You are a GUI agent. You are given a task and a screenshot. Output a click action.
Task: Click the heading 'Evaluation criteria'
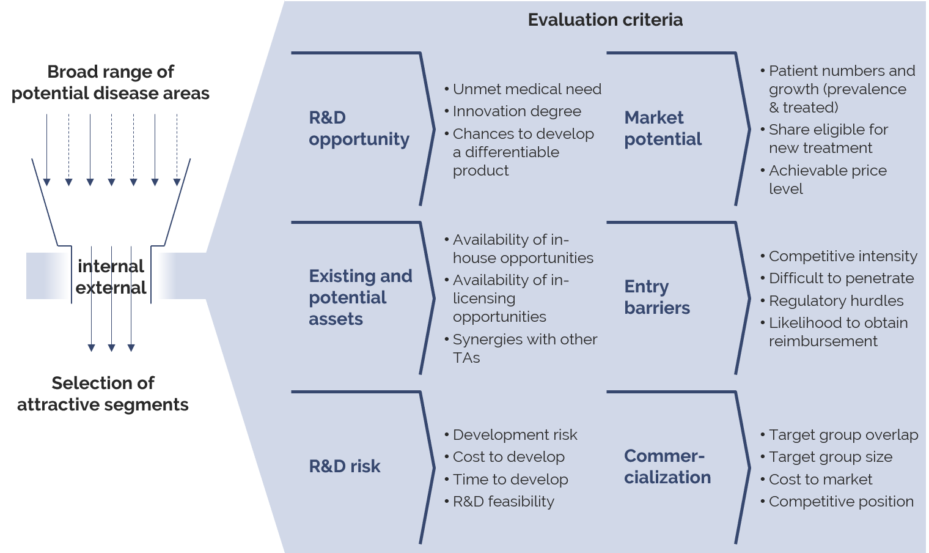(x=605, y=20)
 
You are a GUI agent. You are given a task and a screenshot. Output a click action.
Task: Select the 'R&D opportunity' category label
(x=359, y=128)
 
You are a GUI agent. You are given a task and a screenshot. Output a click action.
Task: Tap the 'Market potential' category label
(x=663, y=128)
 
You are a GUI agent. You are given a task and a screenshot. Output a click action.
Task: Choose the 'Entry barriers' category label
(x=657, y=297)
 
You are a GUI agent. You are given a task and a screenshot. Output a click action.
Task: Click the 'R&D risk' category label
(x=345, y=467)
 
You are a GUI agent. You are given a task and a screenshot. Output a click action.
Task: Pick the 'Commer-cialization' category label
(x=667, y=467)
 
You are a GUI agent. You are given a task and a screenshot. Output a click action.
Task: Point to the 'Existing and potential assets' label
(x=360, y=297)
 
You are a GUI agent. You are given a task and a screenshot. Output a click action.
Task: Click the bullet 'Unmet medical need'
(x=527, y=89)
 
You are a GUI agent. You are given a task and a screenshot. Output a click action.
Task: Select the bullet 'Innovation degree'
(x=516, y=111)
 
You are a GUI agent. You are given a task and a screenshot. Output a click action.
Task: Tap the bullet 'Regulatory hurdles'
(x=835, y=301)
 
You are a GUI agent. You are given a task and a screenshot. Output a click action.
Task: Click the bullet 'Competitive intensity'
(x=843, y=256)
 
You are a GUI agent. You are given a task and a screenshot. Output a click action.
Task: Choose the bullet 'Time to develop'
(x=510, y=480)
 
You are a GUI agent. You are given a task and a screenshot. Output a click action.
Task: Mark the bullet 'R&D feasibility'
(x=503, y=502)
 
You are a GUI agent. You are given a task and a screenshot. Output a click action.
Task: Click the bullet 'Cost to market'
(x=820, y=480)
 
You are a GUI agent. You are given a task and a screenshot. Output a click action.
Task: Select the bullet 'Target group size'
(x=830, y=457)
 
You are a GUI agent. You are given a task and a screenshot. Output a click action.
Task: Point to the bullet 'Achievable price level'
(x=827, y=179)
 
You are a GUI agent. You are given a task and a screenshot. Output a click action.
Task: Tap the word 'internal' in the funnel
(x=111, y=267)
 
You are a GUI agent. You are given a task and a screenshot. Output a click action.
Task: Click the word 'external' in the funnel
(x=111, y=288)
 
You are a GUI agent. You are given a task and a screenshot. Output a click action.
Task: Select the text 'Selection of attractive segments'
(x=103, y=394)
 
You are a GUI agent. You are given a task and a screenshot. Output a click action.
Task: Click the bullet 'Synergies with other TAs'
(x=524, y=348)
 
